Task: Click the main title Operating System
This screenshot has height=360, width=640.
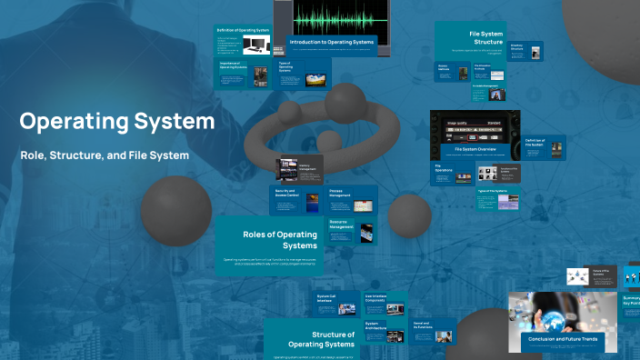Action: pos(117,121)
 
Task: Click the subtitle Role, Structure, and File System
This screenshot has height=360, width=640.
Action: pos(105,155)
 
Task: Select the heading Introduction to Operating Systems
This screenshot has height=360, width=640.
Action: pos(331,42)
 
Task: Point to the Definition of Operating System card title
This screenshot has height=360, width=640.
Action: pos(243,31)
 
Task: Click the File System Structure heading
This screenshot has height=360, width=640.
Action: pos(486,37)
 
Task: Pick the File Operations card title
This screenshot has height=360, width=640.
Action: pos(445,168)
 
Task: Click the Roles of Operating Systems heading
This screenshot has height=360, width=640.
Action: pos(280,239)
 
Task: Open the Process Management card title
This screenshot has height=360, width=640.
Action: pos(340,194)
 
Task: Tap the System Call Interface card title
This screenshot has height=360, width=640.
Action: pos(328,298)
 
